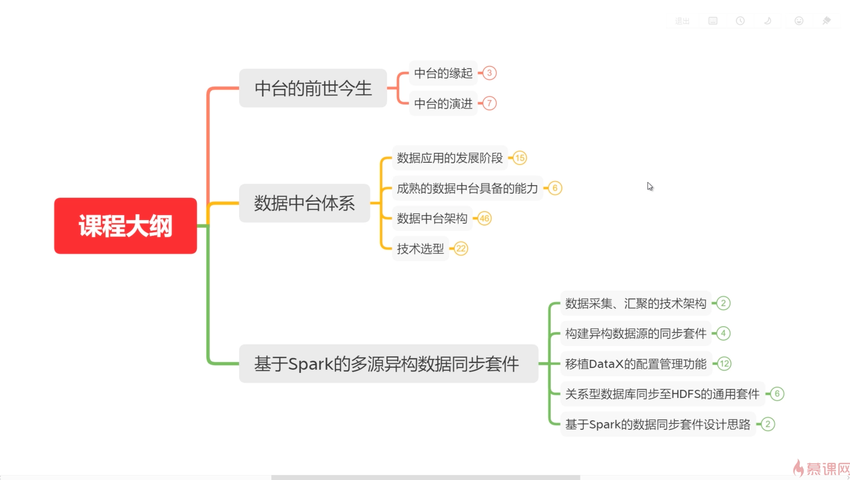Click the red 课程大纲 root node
125,226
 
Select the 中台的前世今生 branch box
313,88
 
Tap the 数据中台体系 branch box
304,203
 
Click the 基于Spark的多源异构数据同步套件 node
388,364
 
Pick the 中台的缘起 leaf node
443,73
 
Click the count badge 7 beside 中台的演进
489,103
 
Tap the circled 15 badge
520,158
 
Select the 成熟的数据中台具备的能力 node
467,188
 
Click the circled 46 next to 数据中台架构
484,218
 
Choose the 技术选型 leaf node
420,249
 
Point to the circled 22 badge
461,249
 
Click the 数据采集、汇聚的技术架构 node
636,303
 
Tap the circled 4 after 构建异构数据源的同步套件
723,333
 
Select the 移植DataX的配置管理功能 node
636,364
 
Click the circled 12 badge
724,364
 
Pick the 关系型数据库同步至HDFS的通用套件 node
662,394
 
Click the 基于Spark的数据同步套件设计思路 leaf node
658,424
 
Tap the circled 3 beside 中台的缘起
489,73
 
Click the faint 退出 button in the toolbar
682,21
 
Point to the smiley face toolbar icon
799,21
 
